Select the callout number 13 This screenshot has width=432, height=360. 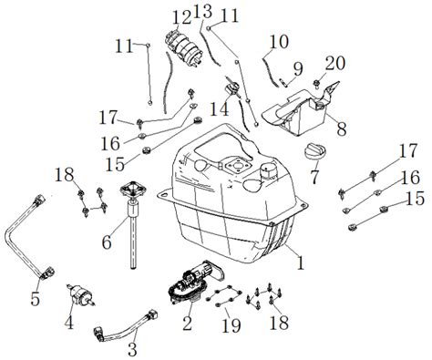[203, 12]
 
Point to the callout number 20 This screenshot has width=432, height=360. [335, 63]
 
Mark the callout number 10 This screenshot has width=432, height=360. [279, 41]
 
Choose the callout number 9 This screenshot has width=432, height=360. [297, 67]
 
